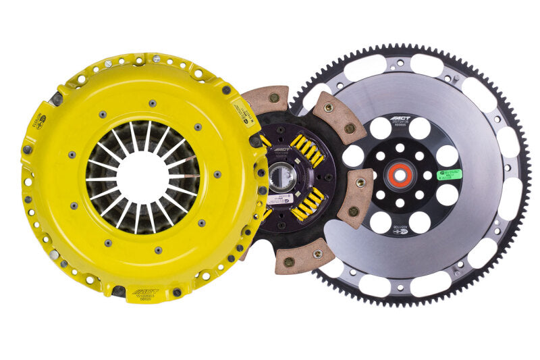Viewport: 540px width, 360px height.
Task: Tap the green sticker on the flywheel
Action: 448,174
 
